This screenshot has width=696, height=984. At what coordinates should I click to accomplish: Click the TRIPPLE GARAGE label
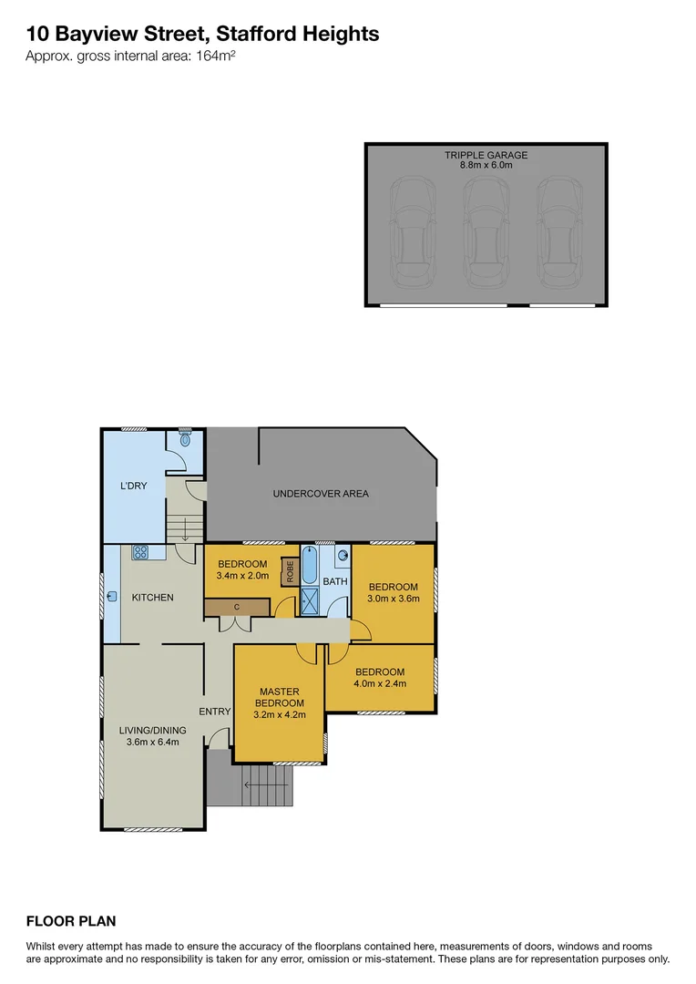[x=486, y=155]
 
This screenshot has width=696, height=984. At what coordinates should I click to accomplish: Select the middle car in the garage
[x=486, y=232]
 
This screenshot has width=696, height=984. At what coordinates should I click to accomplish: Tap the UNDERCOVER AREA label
[x=321, y=494]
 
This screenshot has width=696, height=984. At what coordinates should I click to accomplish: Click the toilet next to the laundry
[x=186, y=439]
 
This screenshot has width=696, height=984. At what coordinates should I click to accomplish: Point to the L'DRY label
[x=133, y=486]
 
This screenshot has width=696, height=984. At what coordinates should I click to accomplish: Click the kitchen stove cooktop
[x=141, y=552]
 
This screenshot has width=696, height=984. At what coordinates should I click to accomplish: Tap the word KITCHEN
[x=152, y=598]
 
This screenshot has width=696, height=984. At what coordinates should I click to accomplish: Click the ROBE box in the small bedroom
[x=289, y=571]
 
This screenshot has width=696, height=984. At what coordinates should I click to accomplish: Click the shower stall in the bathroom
[x=309, y=602]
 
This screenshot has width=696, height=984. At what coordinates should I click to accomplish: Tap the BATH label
[x=335, y=581]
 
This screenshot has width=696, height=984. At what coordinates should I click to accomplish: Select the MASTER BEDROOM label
[x=279, y=697]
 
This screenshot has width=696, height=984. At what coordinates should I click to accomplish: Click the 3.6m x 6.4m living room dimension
[x=152, y=742]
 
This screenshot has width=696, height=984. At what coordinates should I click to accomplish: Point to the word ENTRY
[x=215, y=712]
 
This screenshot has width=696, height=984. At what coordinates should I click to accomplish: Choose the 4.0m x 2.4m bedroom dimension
[x=380, y=683]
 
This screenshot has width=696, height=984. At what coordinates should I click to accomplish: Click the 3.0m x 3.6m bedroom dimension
[x=393, y=599]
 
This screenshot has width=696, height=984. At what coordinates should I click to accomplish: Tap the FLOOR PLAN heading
[x=71, y=921]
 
